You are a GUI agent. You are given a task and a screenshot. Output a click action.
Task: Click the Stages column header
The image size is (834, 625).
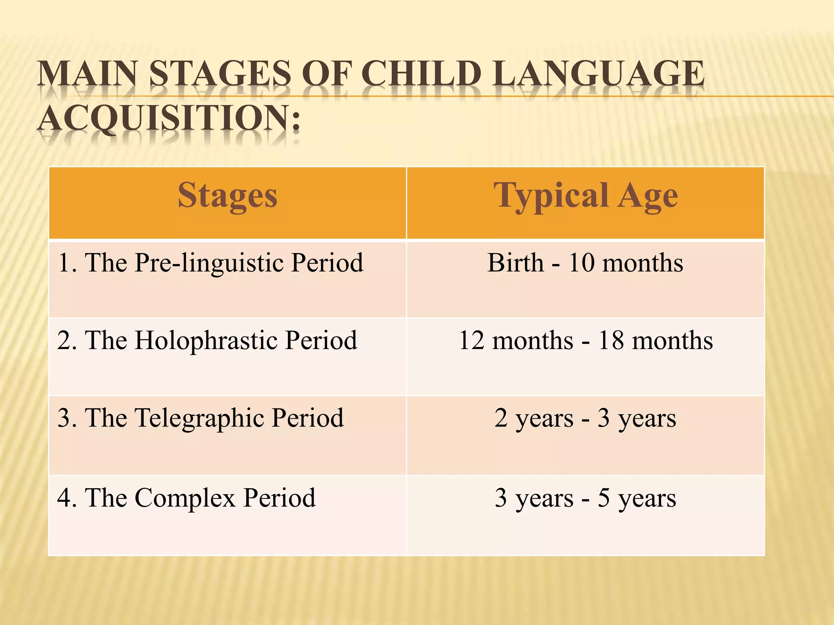point(227,196)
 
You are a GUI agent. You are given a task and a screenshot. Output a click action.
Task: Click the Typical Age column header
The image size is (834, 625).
point(585,196)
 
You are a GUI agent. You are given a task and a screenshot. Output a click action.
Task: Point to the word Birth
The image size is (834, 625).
point(516,263)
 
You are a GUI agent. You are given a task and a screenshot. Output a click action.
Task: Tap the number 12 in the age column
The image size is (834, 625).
point(472,341)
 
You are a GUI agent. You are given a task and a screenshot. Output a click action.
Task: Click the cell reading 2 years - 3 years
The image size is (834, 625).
point(585,418)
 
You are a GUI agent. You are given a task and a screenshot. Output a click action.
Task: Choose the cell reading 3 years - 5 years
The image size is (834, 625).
point(585,498)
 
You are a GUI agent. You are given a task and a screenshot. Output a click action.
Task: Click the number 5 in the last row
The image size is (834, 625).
point(604,498)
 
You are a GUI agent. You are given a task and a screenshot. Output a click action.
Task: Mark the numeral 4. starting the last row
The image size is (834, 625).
point(67,498)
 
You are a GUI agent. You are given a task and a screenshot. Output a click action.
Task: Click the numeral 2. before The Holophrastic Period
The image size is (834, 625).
point(67,341)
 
